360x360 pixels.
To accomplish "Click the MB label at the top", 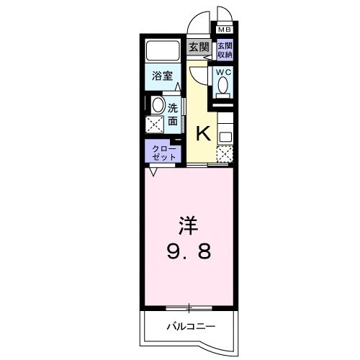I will [x=225, y=30].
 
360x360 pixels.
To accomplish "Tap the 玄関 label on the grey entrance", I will [x=199, y=48].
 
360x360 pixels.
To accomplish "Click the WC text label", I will [x=222, y=73].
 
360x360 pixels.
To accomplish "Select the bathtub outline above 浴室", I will [x=163, y=52].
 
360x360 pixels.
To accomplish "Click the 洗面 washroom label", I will [x=173, y=115].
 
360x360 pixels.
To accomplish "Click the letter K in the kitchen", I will [x=204, y=132].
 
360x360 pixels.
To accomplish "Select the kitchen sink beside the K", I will [x=225, y=132].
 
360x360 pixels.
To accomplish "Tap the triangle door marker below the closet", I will [x=153, y=172].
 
